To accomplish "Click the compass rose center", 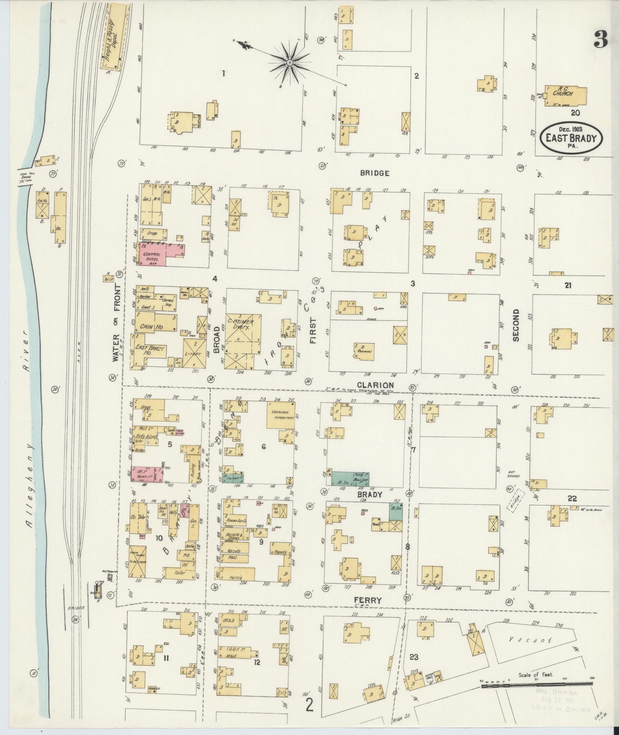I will pyautogui.click(x=290, y=63).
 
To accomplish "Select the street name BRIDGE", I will pyautogui.click(x=374, y=173).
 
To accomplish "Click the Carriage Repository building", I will pyautogui.click(x=281, y=414).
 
